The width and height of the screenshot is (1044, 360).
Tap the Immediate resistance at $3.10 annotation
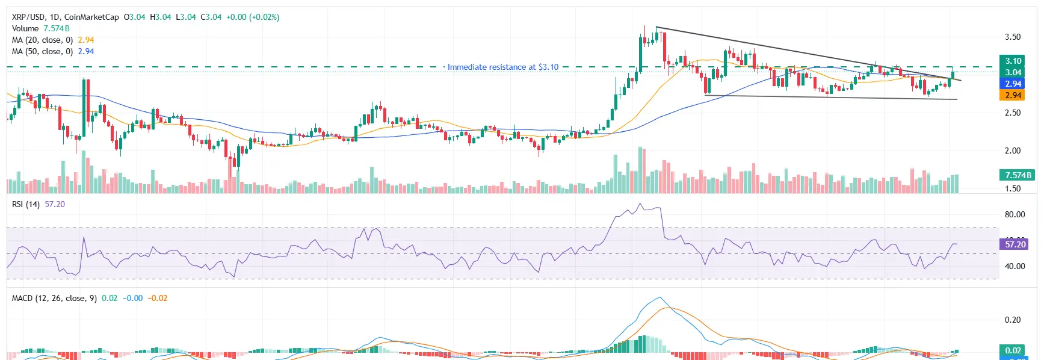[502, 67]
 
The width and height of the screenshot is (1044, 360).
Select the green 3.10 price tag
[1013, 61]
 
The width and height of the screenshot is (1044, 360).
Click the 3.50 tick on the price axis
[1013, 37]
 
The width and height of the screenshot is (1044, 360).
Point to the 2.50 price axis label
[1013, 113]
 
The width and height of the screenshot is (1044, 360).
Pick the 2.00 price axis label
[1013, 151]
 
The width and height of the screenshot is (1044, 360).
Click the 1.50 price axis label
[1013, 188]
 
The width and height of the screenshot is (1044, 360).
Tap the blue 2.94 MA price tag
[1013, 84]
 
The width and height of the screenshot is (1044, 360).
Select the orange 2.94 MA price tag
[1013, 95]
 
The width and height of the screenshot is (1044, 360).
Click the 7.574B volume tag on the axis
[1016, 175]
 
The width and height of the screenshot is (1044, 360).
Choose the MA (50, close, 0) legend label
[42, 51]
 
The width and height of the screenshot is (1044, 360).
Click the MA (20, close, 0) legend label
[42, 40]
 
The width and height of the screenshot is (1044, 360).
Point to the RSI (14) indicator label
[26, 204]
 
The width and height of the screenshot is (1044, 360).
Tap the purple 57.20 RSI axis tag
[1015, 244]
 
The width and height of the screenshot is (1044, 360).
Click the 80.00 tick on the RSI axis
[1015, 214]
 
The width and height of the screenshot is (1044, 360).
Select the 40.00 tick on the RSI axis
[1015, 266]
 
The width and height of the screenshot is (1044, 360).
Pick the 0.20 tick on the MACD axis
[1013, 320]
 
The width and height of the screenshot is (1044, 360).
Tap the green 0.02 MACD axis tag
[1013, 350]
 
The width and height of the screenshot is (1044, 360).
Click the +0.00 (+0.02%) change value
[253, 17]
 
